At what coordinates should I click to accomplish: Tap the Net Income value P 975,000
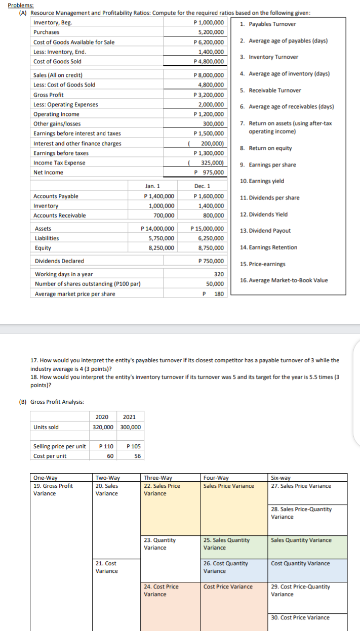coord(210,173)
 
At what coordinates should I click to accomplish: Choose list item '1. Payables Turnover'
coord(268,24)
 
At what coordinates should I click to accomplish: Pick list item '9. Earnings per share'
coord(268,165)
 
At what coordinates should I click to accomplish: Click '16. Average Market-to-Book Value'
coord(284,280)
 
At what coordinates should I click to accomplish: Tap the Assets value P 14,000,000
coord(159,229)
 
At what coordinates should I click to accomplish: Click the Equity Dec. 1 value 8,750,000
coord(212,248)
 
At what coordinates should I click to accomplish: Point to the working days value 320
coord(219,274)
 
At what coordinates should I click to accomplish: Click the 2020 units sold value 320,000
coord(104,427)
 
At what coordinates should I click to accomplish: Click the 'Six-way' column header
coord(282,477)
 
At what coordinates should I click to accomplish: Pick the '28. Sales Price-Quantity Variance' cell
coord(302,513)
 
